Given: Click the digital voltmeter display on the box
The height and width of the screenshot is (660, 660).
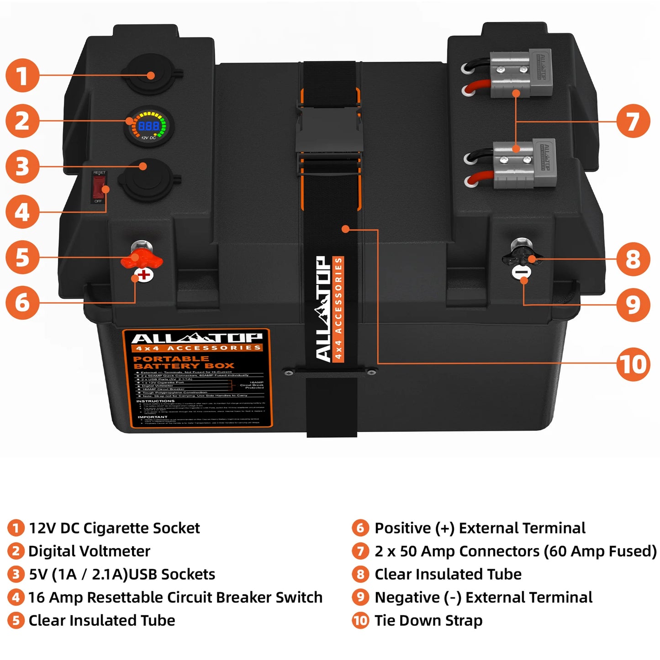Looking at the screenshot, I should [149, 127].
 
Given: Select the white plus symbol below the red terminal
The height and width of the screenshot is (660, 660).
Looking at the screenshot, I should [144, 275].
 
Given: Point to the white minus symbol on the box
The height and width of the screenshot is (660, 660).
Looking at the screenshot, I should [521, 273].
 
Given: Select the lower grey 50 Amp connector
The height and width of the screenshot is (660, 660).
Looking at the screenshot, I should [524, 163].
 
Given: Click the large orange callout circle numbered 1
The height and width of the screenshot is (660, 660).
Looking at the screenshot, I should [22, 75].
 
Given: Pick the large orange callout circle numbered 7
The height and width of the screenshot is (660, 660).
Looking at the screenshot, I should [633, 121].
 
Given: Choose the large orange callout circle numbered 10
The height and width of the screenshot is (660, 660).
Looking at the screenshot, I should [633, 364].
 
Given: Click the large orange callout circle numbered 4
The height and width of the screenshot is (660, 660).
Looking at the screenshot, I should [22, 212].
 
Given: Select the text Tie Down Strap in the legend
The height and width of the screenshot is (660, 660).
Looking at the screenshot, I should [428, 620].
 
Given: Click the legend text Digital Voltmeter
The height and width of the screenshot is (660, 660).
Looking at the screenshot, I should [89, 551].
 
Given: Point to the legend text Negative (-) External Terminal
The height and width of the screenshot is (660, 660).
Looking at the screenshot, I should [483, 597].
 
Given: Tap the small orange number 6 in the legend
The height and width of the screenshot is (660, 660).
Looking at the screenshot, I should [360, 528].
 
